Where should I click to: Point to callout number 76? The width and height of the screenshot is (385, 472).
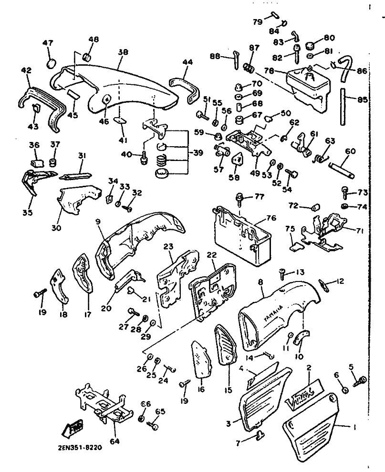271,218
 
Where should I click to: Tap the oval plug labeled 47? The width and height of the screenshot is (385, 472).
51,63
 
